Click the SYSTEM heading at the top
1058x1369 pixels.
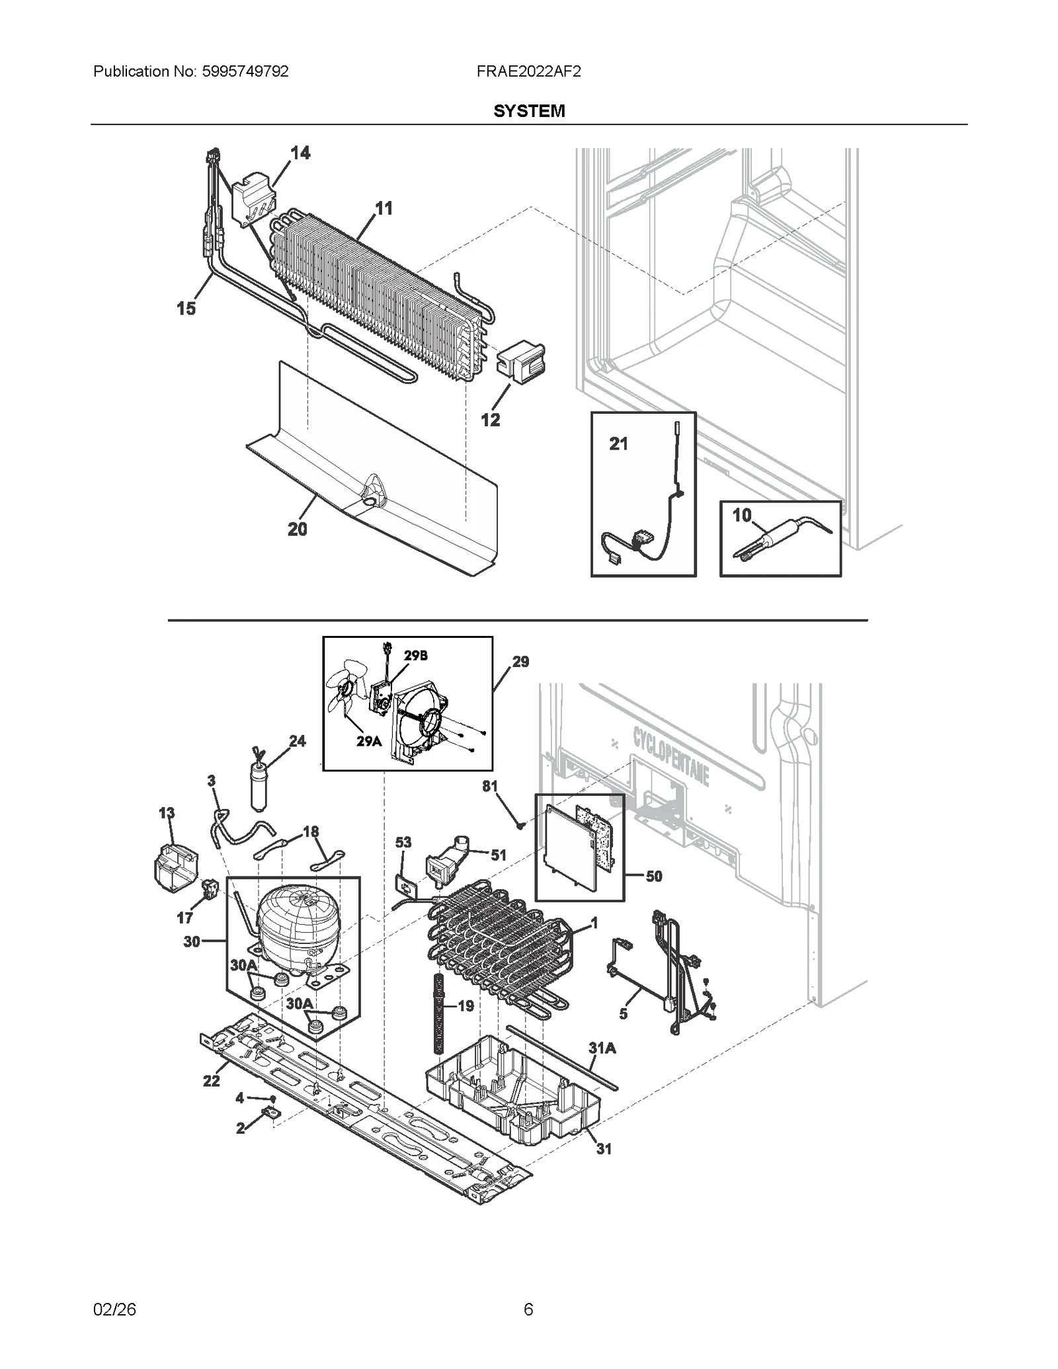click(x=528, y=111)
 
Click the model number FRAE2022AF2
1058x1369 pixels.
click(x=528, y=71)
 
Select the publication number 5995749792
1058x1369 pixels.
click(x=244, y=71)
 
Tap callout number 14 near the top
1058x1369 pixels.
click(x=300, y=153)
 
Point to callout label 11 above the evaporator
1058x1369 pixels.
click(x=384, y=208)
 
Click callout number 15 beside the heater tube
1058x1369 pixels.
click(x=186, y=308)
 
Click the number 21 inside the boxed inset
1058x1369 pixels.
click(x=618, y=444)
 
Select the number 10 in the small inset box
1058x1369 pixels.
click(x=742, y=514)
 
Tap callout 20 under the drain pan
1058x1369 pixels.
click(x=298, y=529)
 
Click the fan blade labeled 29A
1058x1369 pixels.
click(x=345, y=691)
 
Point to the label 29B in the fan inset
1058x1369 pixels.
click(x=416, y=656)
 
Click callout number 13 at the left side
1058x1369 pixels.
click(x=167, y=813)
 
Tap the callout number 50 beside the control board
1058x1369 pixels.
click(x=653, y=876)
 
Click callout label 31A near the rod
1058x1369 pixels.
click(x=602, y=1048)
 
